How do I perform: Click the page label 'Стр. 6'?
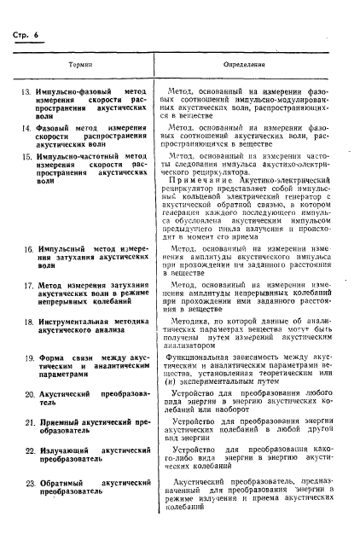26,32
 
